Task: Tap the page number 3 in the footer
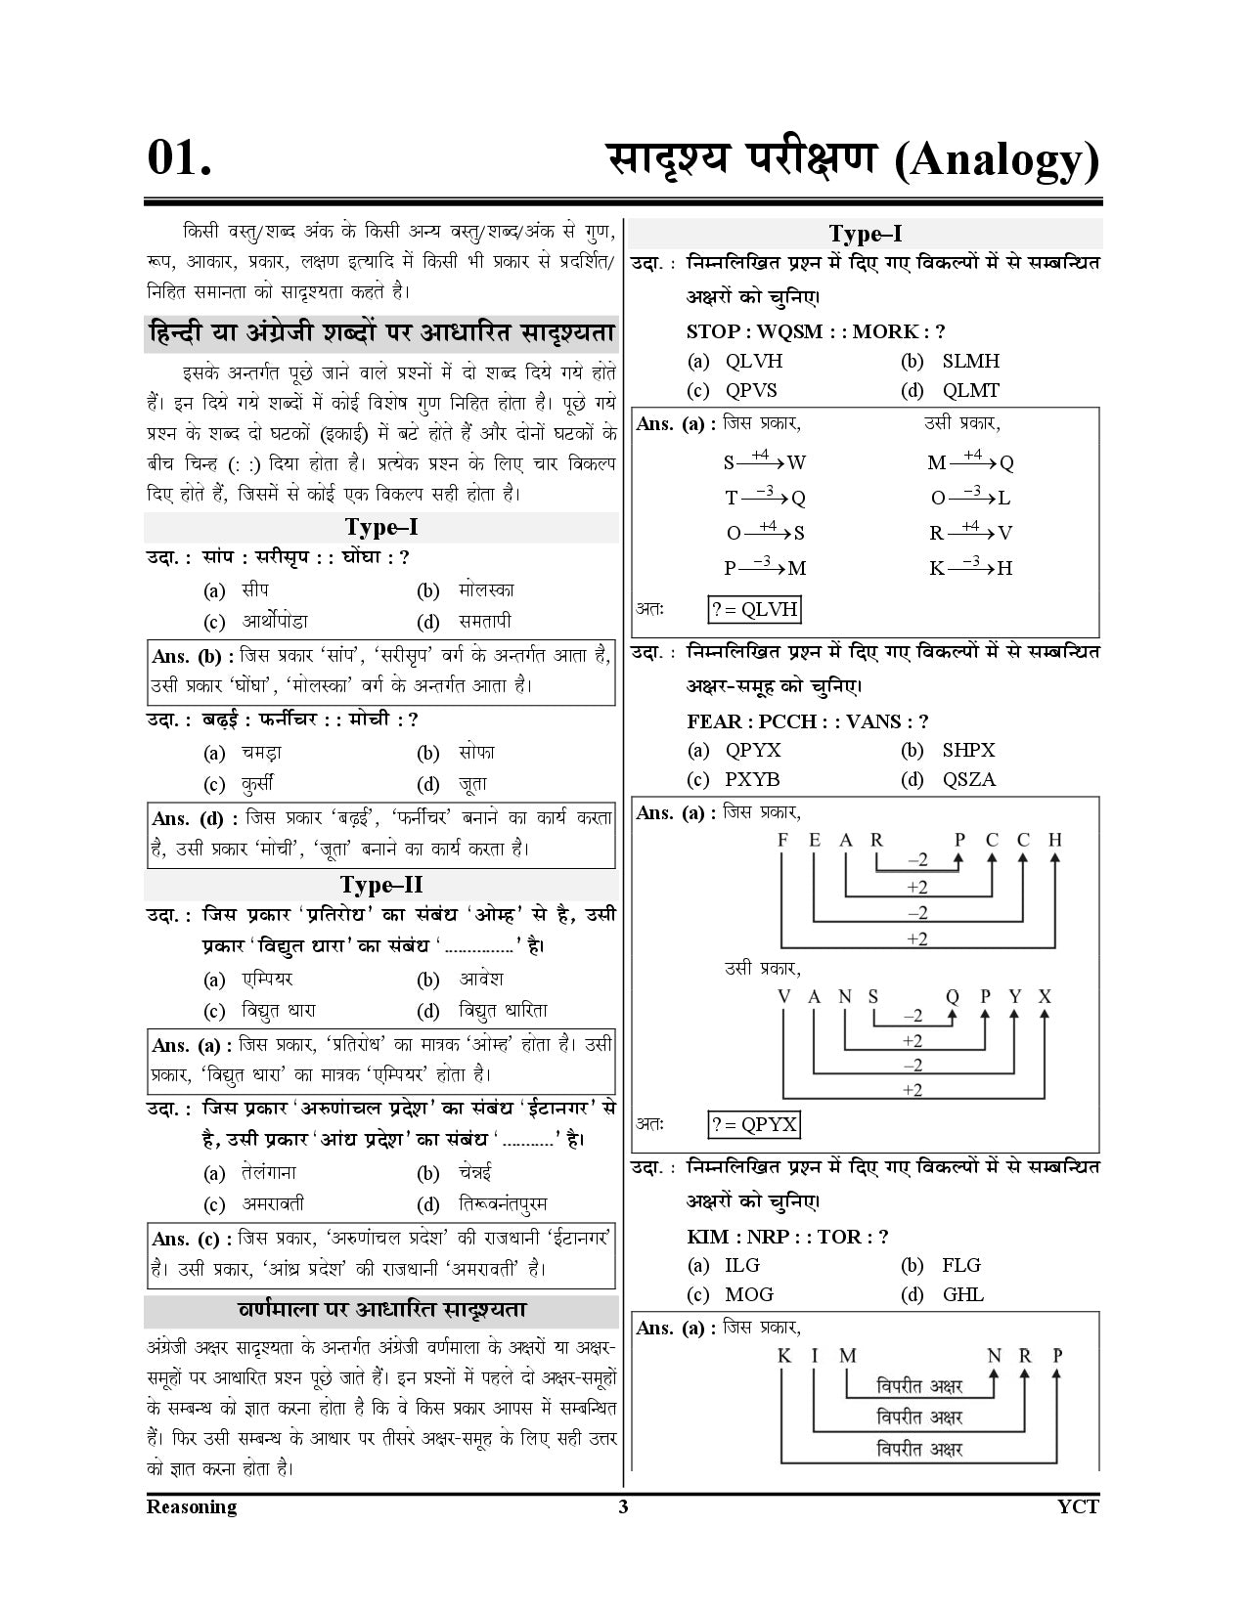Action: (623, 1506)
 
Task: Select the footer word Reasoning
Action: (192, 1506)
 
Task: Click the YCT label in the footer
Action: (1078, 1506)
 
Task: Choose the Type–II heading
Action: (381, 885)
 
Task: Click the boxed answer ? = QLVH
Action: (755, 610)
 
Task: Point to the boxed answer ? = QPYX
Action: (754, 1124)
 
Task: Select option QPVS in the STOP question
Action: (751, 390)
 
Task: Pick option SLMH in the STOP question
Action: (970, 361)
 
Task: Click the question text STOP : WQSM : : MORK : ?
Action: (816, 331)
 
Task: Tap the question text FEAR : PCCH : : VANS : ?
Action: (808, 721)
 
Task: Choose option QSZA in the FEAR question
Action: (969, 779)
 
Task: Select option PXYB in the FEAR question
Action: (752, 779)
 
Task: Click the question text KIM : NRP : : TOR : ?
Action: (787, 1237)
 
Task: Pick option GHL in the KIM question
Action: (963, 1294)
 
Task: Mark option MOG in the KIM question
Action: (749, 1294)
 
